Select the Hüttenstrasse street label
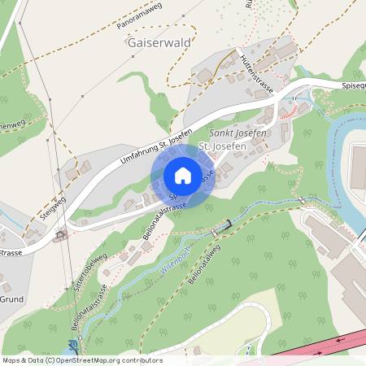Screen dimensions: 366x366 (257, 74)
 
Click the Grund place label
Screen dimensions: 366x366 (11, 298)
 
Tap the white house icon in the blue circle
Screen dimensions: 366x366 (183, 176)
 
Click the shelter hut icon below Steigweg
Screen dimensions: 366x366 (60, 237)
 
